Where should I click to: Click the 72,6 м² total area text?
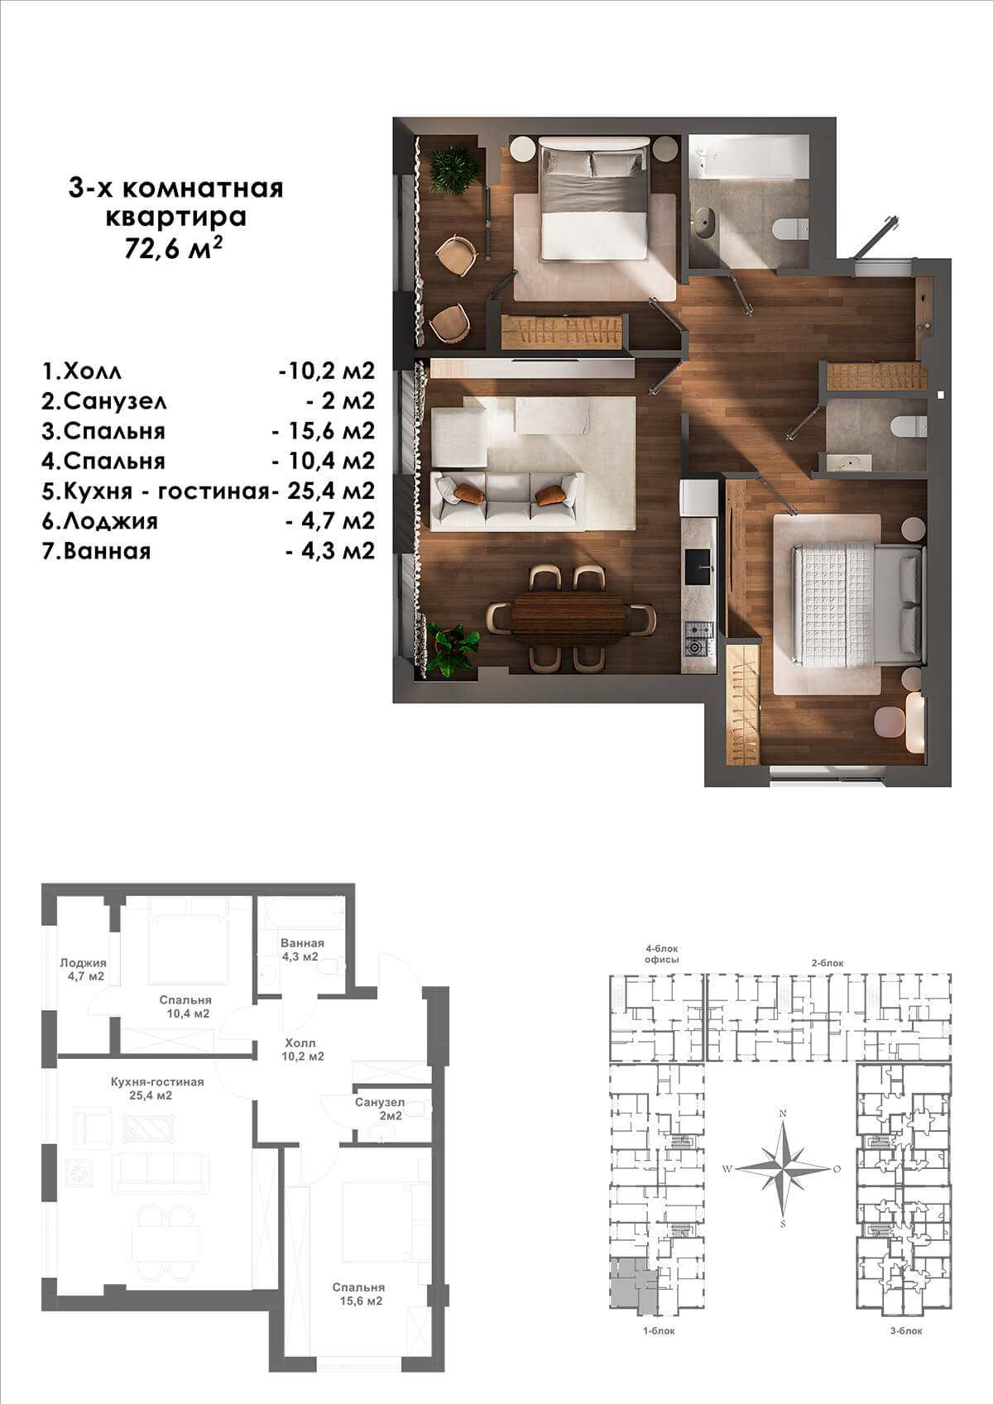coord(173,247)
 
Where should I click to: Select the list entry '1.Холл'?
coord(81,371)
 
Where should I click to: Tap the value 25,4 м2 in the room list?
coord(331,491)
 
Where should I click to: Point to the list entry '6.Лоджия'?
coord(99,521)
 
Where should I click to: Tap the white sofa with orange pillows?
coord(507,501)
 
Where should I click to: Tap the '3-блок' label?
coord(906,1330)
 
